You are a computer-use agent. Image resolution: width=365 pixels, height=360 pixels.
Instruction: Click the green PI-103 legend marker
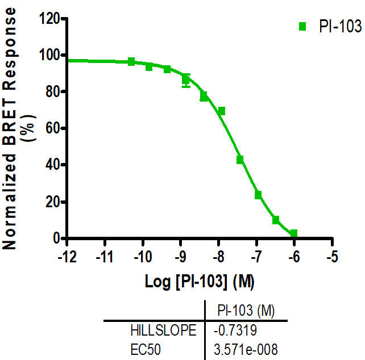coord(302,26)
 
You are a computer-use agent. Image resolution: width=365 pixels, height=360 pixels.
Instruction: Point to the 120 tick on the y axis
coord(51,19)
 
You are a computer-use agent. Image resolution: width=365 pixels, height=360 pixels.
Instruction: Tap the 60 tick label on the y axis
coord(53,128)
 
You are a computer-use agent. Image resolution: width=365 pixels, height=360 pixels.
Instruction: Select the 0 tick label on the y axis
coord(57,238)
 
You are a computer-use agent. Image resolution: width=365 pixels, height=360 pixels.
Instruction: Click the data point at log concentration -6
coord(293,233)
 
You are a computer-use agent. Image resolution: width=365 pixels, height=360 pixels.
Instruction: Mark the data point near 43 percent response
coord(240,160)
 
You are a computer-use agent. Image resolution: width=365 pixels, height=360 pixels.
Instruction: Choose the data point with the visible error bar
coord(186,79)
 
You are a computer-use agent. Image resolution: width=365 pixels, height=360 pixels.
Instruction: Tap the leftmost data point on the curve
coord(131,61)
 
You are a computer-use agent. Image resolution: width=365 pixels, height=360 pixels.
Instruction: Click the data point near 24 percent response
coord(258,195)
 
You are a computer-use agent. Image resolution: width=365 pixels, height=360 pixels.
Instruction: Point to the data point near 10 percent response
coord(276,220)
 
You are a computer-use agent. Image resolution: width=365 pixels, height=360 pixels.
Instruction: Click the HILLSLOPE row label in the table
coord(163,330)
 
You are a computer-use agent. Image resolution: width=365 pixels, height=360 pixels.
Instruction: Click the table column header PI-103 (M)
coord(246,310)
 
